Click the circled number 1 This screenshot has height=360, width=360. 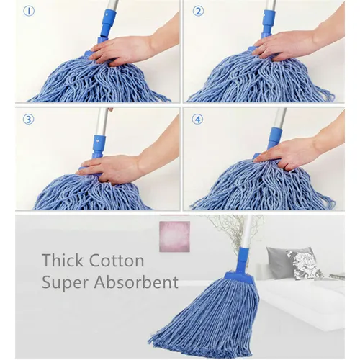pyautogui.click(x=29, y=11)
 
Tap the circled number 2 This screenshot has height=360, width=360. pyautogui.click(x=198, y=11)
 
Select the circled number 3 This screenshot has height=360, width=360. pyautogui.click(x=29, y=120)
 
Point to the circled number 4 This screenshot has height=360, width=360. pyautogui.click(x=197, y=120)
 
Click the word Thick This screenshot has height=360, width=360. pyautogui.click(x=63, y=260)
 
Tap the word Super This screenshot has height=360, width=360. pyautogui.click(x=65, y=283)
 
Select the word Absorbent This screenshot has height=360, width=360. pyautogui.click(x=136, y=282)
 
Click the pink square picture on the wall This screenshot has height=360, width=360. pyautogui.click(x=174, y=236)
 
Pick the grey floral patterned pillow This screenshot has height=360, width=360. pyautogui.click(x=305, y=264)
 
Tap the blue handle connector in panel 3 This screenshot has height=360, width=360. pyautogui.click(x=99, y=146)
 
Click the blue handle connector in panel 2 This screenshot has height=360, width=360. pyautogui.click(x=268, y=24)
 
